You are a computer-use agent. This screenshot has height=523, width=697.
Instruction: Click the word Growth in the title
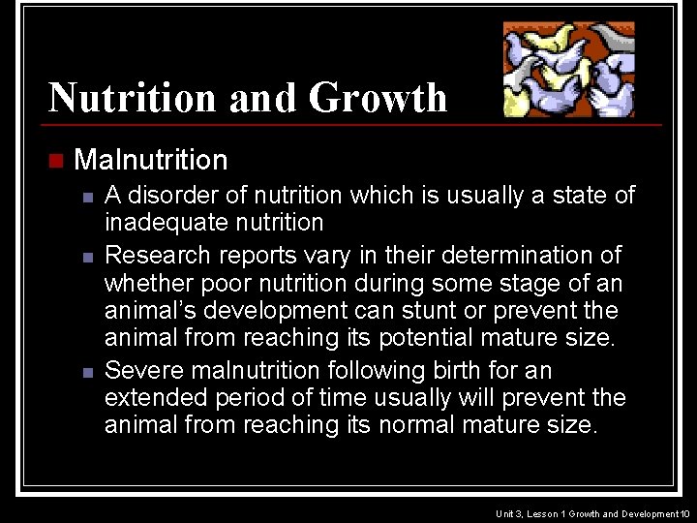tap(378, 98)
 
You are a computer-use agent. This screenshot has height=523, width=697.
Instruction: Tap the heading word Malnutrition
tap(150, 159)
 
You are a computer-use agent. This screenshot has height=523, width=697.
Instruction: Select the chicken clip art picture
tap(568, 69)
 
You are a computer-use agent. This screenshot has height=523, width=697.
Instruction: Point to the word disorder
tap(167, 195)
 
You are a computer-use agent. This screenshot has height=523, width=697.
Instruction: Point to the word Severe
tap(138, 370)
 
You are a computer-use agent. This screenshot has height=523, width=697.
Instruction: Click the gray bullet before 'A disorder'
tap(87, 197)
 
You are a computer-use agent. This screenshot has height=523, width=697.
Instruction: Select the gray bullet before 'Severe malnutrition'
tap(87, 371)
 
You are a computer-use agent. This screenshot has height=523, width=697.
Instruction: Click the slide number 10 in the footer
tap(685, 512)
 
